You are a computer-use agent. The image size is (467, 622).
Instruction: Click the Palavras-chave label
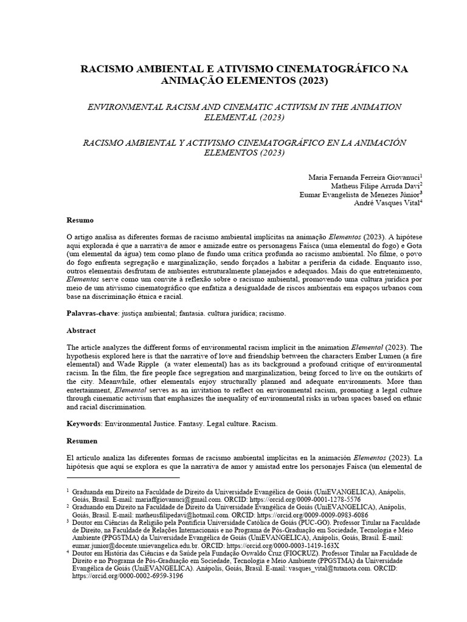click(x=92, y=314)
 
